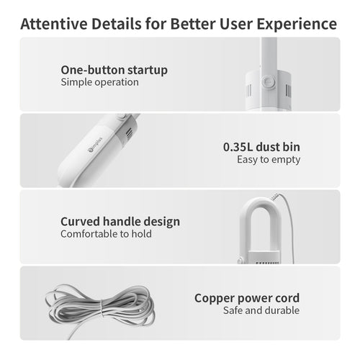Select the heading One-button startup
pos(114,70)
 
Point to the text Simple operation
pos(99,82)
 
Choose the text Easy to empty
pos(269,159)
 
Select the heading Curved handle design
pos(120,221)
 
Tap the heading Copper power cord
pos(247,297)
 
